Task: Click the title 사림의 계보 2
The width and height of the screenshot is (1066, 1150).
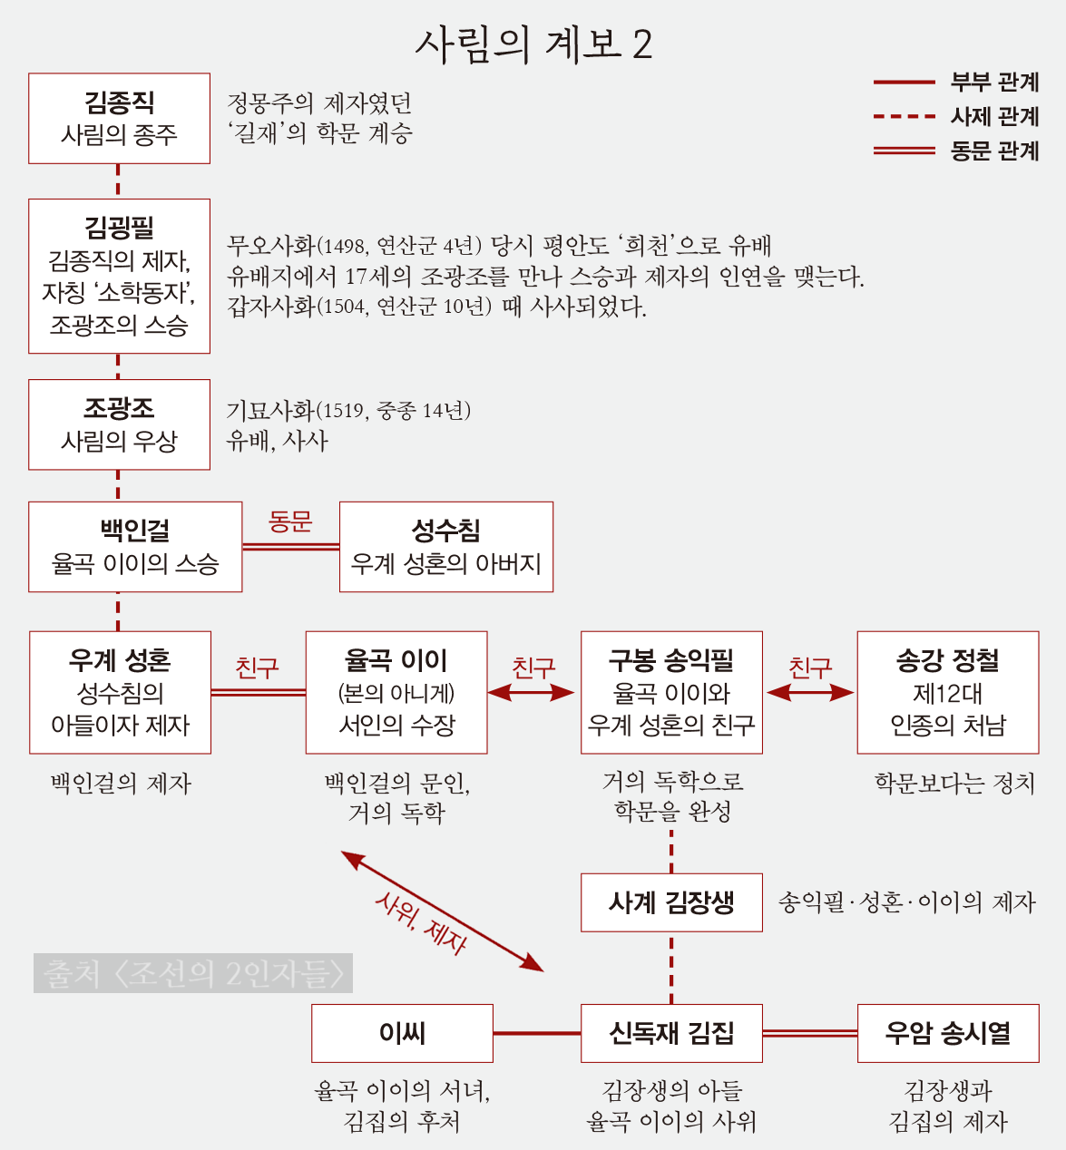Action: [x=533, y=44]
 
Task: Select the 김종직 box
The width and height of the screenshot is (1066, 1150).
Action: [x=119, y=119]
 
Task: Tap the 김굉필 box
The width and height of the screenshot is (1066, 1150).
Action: [x=119, y=276]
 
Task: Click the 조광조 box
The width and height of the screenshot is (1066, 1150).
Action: [x=119, y=424]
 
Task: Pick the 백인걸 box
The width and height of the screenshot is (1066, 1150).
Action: [x=135, y=547]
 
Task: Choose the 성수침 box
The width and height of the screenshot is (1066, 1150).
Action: [x=445, y=547]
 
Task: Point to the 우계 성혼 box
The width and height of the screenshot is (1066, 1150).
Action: [x=120, y=692]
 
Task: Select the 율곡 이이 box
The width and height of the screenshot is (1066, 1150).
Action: [x=396, y=692]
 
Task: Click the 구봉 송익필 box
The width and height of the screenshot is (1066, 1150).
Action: [x=671, y=692]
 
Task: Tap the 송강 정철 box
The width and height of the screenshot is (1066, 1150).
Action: [x=947, y=692]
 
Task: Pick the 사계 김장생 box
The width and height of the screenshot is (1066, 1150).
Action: [x=671, y=902]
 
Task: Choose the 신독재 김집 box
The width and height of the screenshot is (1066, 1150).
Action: [x=671, y=1033]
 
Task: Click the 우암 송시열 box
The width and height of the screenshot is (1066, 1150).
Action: [x=947, y=1033]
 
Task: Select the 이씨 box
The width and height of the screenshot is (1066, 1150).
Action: [x=402, y=1033]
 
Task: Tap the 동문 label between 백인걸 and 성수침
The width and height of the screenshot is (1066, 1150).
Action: [x=290, y=522]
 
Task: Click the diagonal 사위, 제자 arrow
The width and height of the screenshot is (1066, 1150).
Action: [x=442, y=911]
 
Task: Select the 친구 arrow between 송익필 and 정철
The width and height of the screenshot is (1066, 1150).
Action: [x=810, y=693]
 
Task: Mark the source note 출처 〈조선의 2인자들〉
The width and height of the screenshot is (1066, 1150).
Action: [x=193, y=973]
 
